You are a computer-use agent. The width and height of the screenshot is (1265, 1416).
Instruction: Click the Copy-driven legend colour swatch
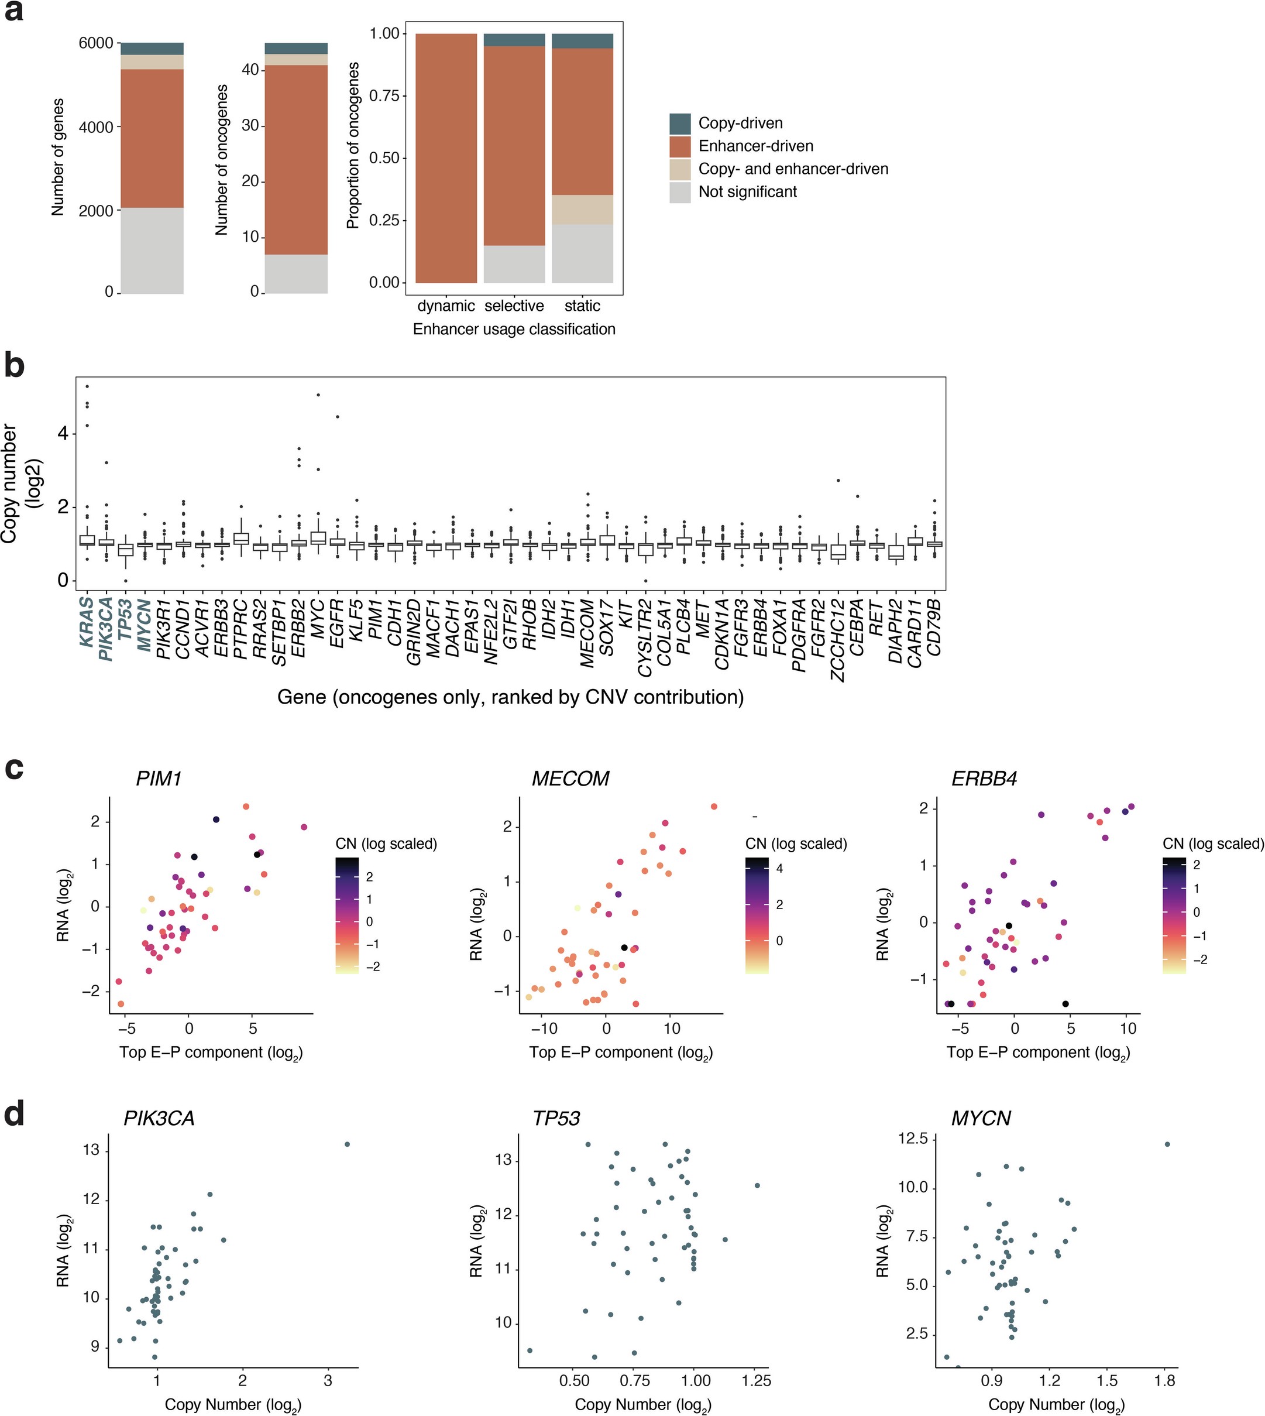point(680,124)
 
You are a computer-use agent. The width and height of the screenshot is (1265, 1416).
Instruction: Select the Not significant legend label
point(747,192)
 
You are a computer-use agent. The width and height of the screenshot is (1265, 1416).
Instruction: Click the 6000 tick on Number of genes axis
point(95,43)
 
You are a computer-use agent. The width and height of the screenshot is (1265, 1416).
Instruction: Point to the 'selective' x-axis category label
point(514,306)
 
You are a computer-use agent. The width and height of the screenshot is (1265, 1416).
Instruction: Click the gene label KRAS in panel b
point(87,621)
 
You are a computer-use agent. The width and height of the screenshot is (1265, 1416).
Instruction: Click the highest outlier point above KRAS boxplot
point(87,386)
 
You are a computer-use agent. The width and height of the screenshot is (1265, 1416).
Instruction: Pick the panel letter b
point(14,365)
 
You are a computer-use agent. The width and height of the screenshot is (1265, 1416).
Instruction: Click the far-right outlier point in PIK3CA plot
point(348,1144)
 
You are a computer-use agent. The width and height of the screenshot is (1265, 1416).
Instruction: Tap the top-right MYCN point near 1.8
point(1167,1144)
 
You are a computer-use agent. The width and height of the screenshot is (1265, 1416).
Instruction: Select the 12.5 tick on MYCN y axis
point(913,1139)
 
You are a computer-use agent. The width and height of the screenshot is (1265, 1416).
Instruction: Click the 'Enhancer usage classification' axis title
point(514,329)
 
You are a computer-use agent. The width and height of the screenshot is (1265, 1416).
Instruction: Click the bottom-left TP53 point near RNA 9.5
point(530,1350)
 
